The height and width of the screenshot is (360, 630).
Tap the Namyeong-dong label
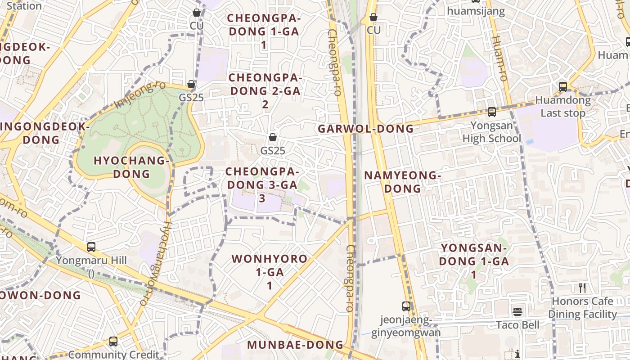coord(402,182)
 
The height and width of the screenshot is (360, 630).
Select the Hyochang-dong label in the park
coord(131,167)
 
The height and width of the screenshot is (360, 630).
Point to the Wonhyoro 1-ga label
coord(270,272)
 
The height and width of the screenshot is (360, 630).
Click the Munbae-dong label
coord(295,345)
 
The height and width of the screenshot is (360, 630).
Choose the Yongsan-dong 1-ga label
coord(474,261)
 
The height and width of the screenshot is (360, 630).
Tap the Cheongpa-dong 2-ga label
coord(265,90)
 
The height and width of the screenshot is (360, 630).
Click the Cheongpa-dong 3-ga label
coord(262,184)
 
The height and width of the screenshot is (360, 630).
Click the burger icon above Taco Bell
coord(517,312)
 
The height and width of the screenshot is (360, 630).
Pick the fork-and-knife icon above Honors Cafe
coord(582,288)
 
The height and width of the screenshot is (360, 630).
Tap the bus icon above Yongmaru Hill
coord(91,247)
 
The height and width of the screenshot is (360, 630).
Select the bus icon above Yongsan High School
coord(491,112)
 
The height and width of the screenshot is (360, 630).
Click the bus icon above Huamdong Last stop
coord(563,87)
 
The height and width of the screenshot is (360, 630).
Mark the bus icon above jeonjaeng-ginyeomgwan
coord(406,306)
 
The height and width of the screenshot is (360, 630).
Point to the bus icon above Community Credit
coord(113,342)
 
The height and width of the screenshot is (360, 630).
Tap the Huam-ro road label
coord(500,58)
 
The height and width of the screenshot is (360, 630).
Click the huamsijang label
coord(476,11)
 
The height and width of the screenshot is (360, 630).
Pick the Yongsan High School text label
coord(491,132)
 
